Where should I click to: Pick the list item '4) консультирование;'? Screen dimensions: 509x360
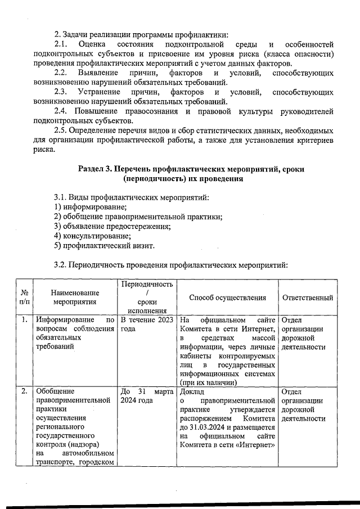[x=92, y=236]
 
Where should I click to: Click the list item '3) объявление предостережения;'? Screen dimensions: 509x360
[x=112, y=227]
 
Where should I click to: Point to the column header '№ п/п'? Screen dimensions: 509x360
[x=25, y=298]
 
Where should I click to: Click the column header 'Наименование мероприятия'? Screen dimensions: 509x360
[x=75, y=298]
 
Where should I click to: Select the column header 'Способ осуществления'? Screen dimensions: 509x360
[x=227, y=298]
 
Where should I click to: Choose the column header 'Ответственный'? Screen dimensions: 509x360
[x=307, y=298]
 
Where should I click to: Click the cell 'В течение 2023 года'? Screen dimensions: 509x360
[x=147, y=325]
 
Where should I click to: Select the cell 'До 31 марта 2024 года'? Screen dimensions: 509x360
[x=147, y=397]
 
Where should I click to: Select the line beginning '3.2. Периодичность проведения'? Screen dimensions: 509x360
[x=170, y=265]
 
